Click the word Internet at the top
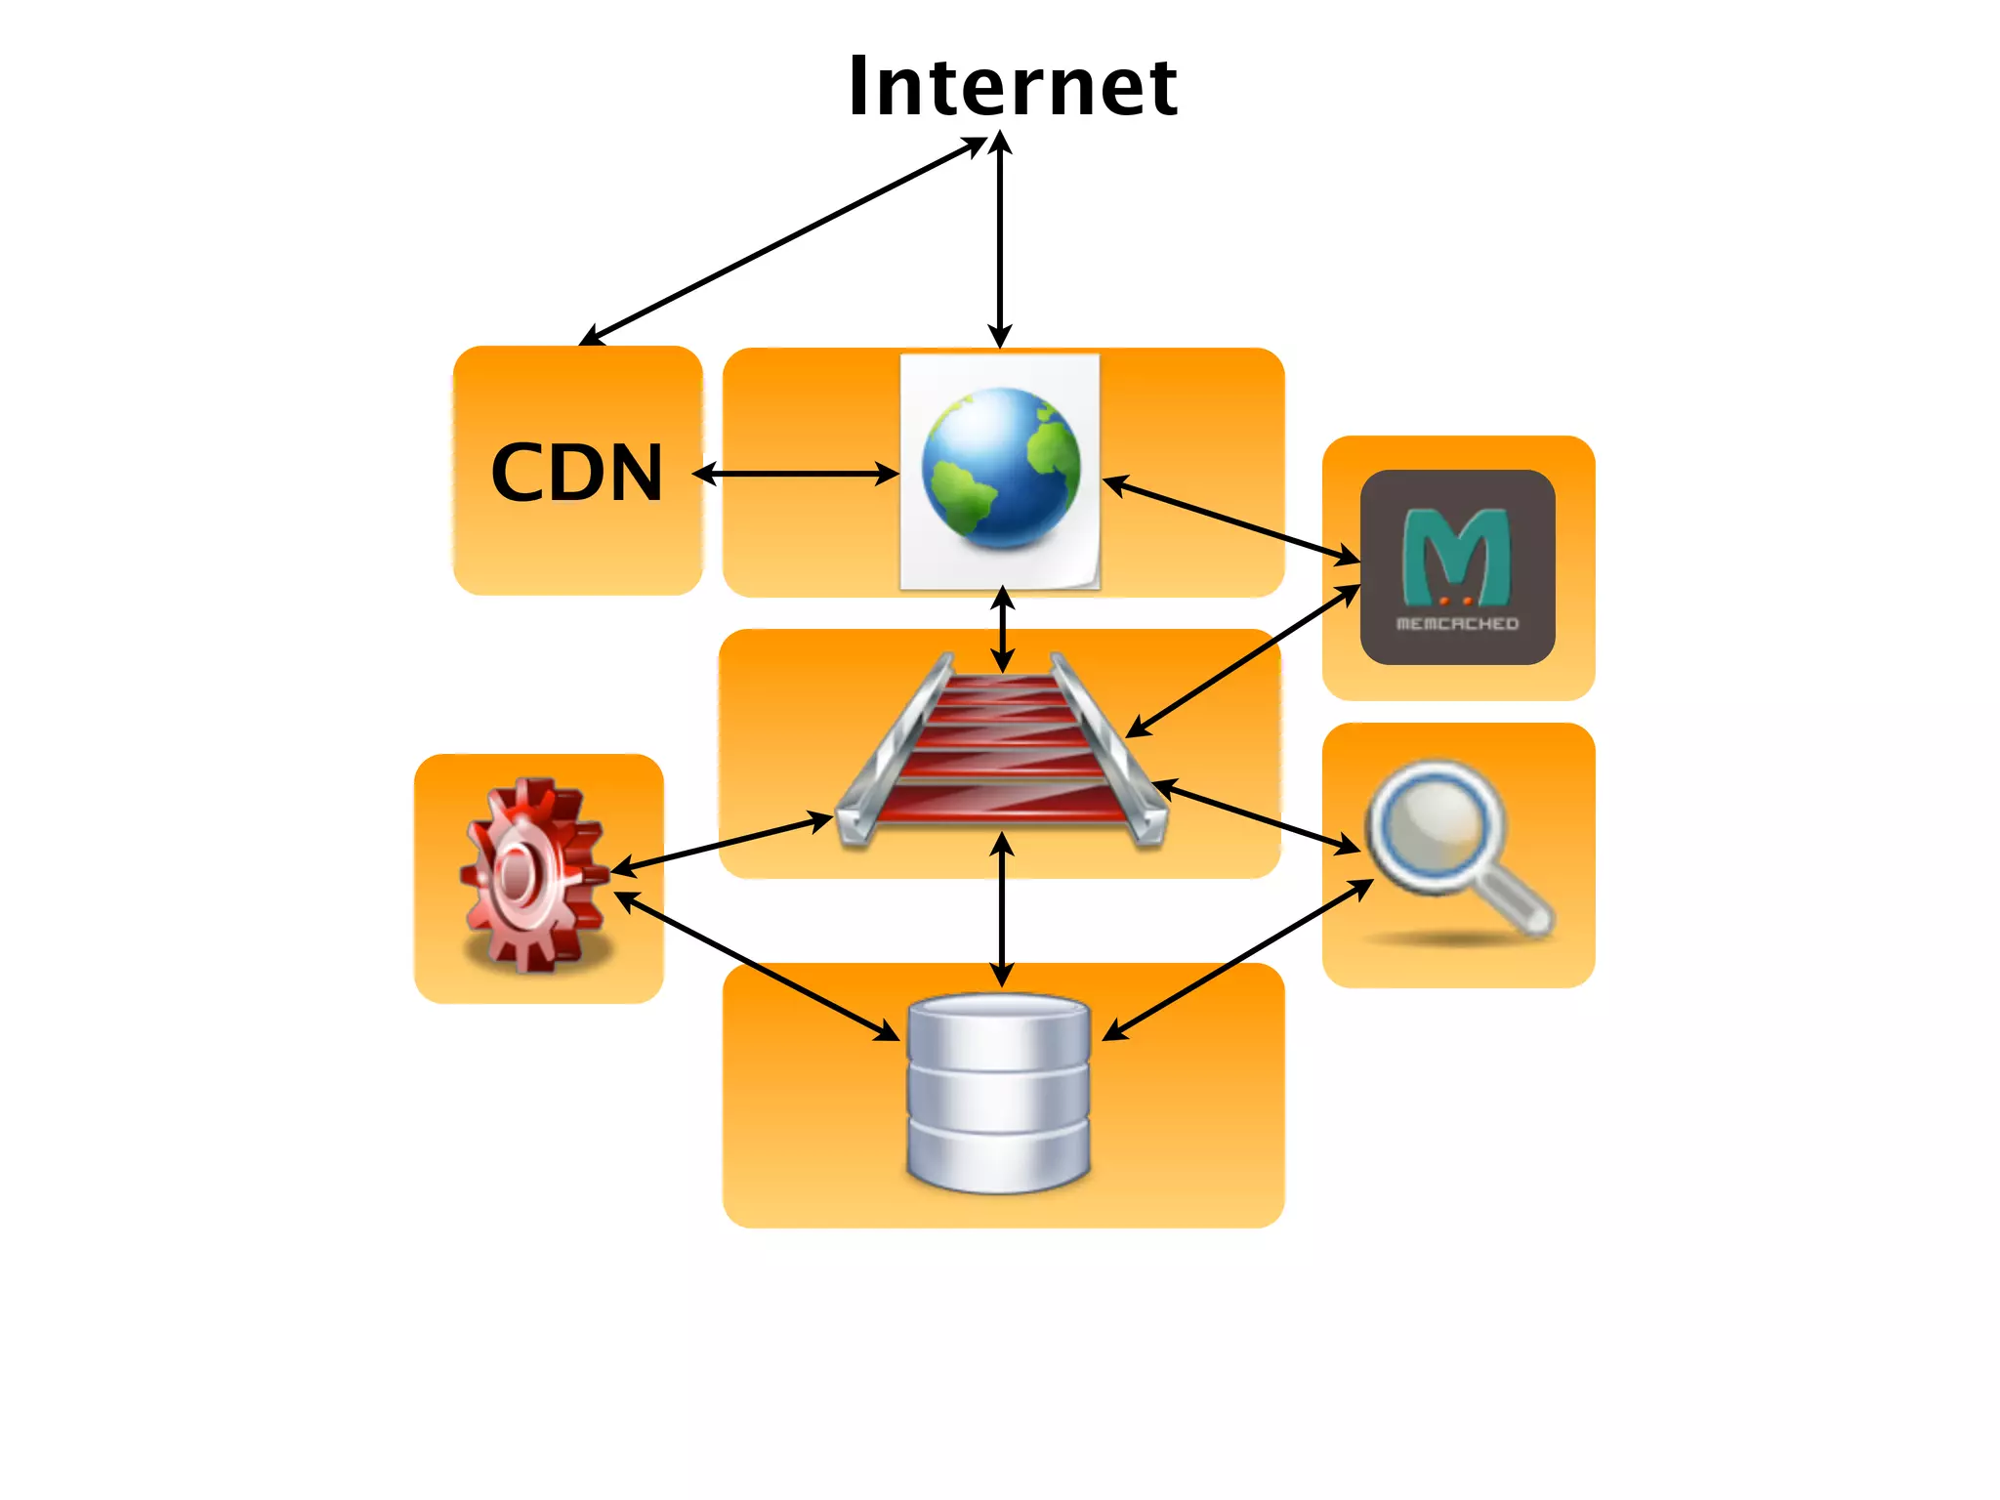1013,88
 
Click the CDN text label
576,473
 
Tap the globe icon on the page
1001,469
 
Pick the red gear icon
533,874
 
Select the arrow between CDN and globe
796,475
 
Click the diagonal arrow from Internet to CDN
781,241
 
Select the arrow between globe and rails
1002,629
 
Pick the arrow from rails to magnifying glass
1256,816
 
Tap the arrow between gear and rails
723,843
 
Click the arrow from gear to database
757,966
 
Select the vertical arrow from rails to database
1002,908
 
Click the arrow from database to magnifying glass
1238,960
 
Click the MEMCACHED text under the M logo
1457,623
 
